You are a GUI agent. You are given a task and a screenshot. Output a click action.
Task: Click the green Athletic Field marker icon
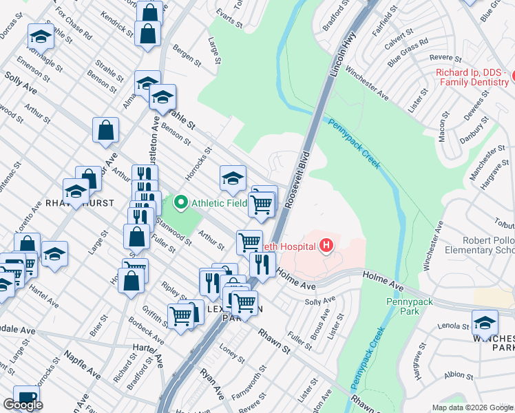[182, 202]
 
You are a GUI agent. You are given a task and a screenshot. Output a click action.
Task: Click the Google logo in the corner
[23, 405]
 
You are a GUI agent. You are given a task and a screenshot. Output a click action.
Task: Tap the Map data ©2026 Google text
[472, 407]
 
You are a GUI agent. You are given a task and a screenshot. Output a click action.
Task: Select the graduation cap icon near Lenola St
[485, 322]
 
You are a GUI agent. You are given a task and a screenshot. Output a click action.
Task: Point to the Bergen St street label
[187, 58]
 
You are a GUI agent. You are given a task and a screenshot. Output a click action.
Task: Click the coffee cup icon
[26, 399]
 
